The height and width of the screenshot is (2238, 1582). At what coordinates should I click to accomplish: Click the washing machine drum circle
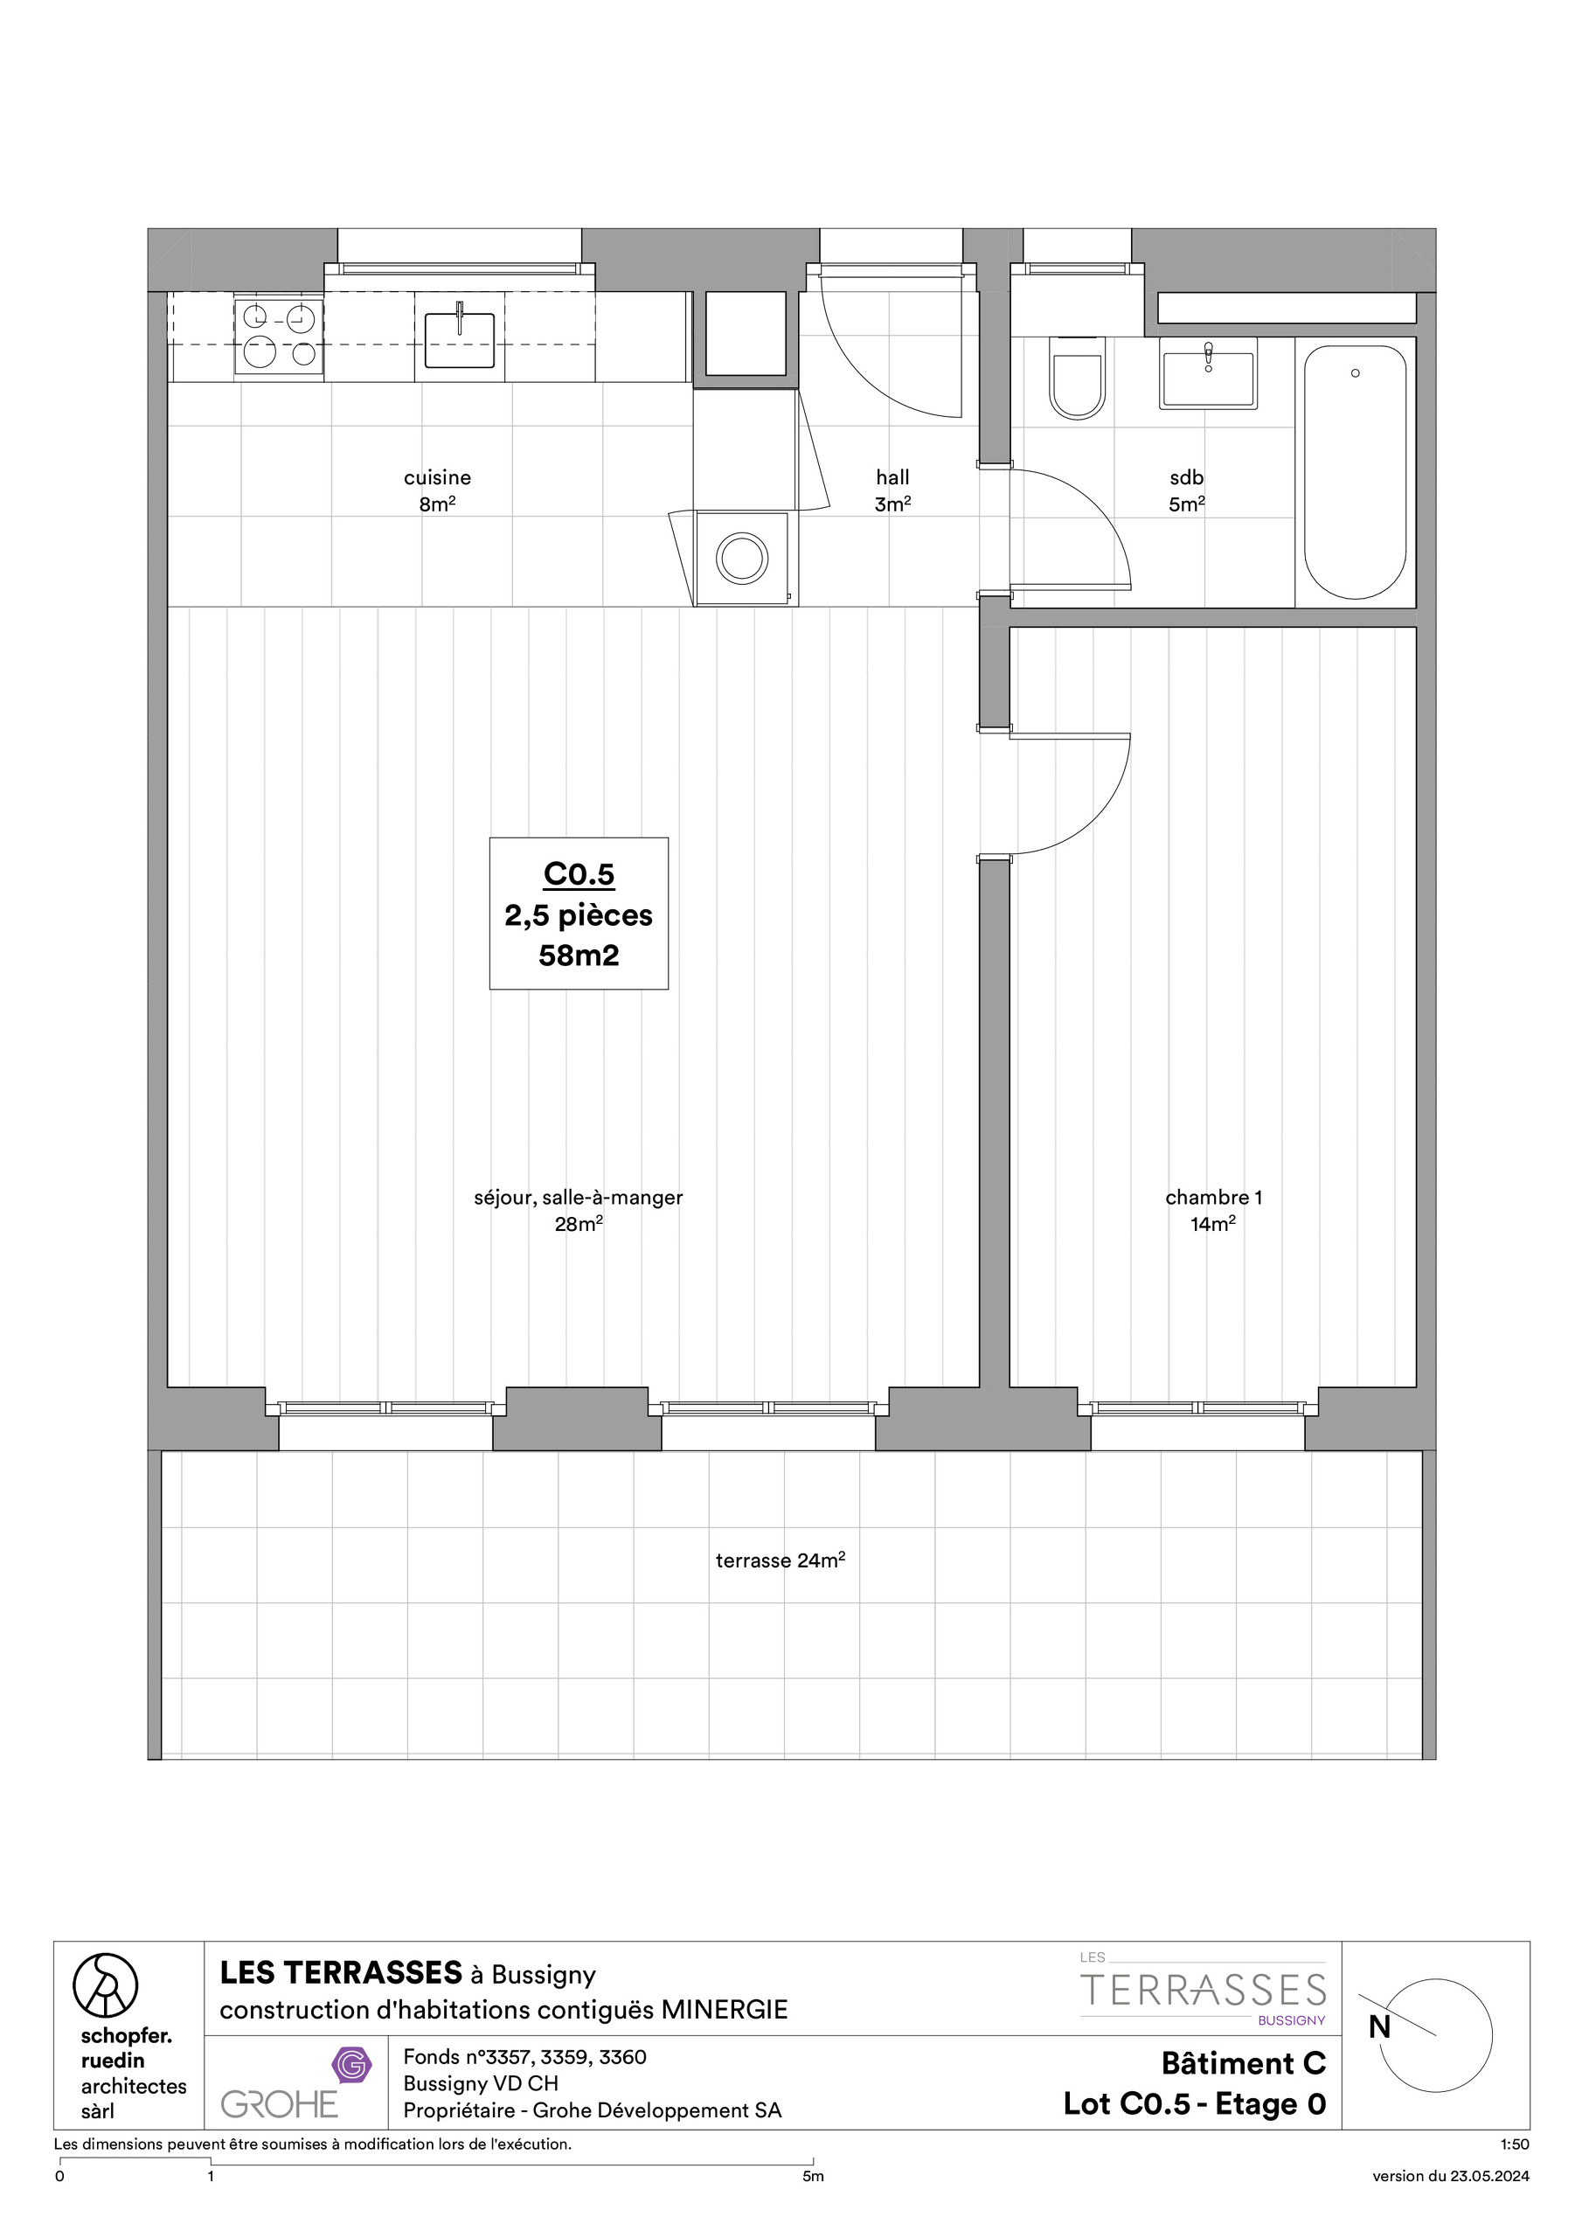click(x=742, y=559)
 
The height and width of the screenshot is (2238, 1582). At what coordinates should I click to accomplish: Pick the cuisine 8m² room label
click(x=437, y=490)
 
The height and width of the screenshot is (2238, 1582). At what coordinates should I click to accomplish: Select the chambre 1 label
click(x=1212, y=1197)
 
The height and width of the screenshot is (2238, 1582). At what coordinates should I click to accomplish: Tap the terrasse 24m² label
click(x=780, y=1560)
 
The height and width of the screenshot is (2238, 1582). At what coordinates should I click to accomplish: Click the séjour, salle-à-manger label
click(x=578, y=1197)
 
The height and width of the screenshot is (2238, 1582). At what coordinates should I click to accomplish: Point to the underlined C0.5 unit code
click(x=579, y=874)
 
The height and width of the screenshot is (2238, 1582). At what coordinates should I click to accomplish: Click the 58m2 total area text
click(x=579, y=956)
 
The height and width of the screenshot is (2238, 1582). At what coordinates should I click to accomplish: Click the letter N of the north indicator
click(x=1379, y=2026)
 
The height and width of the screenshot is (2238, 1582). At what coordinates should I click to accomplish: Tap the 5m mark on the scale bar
click(x=813, y=2176)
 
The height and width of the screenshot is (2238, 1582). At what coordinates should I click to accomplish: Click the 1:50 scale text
click(x=1515, y=2144)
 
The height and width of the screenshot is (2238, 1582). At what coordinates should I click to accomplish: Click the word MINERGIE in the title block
click(x=725, y=2009)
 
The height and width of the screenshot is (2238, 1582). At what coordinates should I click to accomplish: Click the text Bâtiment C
click(x=1243, y=2062)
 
